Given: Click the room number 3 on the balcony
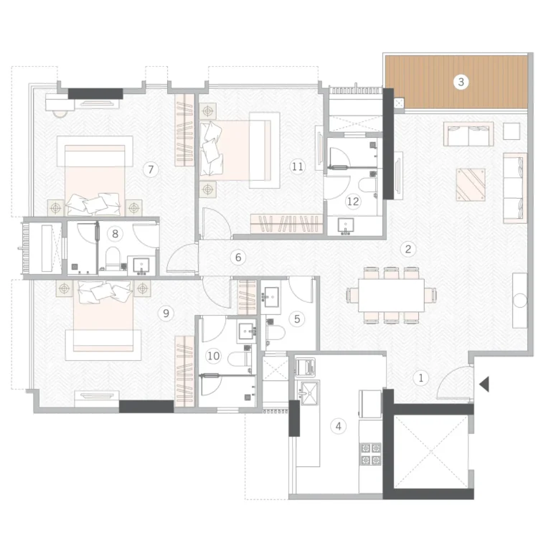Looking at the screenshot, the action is click(x=461, y=82).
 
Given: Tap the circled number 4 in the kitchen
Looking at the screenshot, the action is click(x=338, y=426).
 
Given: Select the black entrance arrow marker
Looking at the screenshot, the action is click(x=484, y=384).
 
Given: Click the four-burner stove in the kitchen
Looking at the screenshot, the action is click(x=371, y=453).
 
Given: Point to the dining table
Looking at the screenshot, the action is click(x=391, y=295).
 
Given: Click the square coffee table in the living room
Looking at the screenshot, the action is click(x=471, y=185).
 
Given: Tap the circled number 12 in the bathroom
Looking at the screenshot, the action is click(x=353, y=202).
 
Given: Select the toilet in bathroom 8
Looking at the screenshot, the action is click(x=113, y=258).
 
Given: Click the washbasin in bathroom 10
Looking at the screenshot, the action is click(x=247, y=331).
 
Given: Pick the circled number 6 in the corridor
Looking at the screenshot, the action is click(x=238, y=258).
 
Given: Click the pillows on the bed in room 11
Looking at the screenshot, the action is click(x=212, y=149).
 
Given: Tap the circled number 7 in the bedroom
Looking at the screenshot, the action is click(x=151, y=169).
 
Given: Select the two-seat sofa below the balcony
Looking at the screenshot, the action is click(x=468, y=134).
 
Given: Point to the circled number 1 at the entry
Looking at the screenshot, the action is click(x=420, y=378).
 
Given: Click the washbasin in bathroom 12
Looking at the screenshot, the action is click(x=346, y=225).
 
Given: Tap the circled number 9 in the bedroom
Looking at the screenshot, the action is click(x=166, y=313).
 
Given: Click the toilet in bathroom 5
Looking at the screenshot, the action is click(x=275, y=332).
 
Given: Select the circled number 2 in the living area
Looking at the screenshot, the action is click(x=408, y=249).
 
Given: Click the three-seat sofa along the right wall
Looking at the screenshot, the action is click(x=515, y=188).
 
